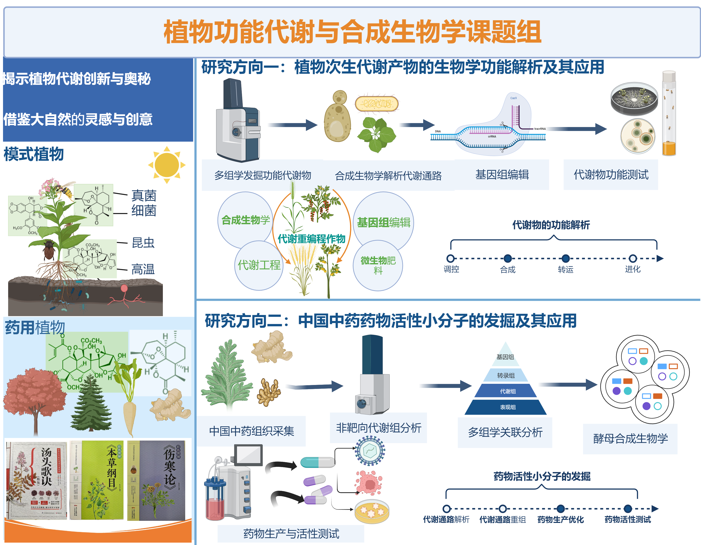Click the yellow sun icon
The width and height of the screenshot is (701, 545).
pyautogui.click(x=167, y=165)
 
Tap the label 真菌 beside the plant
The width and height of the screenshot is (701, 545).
pyautogui.click(x=144, y=195)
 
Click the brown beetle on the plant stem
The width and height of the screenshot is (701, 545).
pyautogui.click(x=49, y=250)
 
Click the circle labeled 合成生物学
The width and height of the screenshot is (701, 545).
pyautogui.click(x=245, y=220)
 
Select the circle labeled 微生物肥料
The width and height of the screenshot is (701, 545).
pyautogui.click(x=378, y=265)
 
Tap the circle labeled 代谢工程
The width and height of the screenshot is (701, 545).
pyautogui.click(x=259, y=265)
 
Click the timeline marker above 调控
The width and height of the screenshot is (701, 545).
pyautogui.click(x=451, y=258)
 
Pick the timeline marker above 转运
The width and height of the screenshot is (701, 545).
pyautogui.click(x=566, y=258)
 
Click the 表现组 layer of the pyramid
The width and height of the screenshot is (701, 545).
pyautogui.click(x=507, y=407)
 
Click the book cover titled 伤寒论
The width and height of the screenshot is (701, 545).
pyautogui.click(x=157, y=480)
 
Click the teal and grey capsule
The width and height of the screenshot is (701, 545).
pyautogui.click(x=318, y=462)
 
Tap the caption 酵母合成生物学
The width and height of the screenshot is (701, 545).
pyautogui.click(x=630, y=438)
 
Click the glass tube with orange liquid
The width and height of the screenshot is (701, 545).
pyautogui.click(x=669, y=114)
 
